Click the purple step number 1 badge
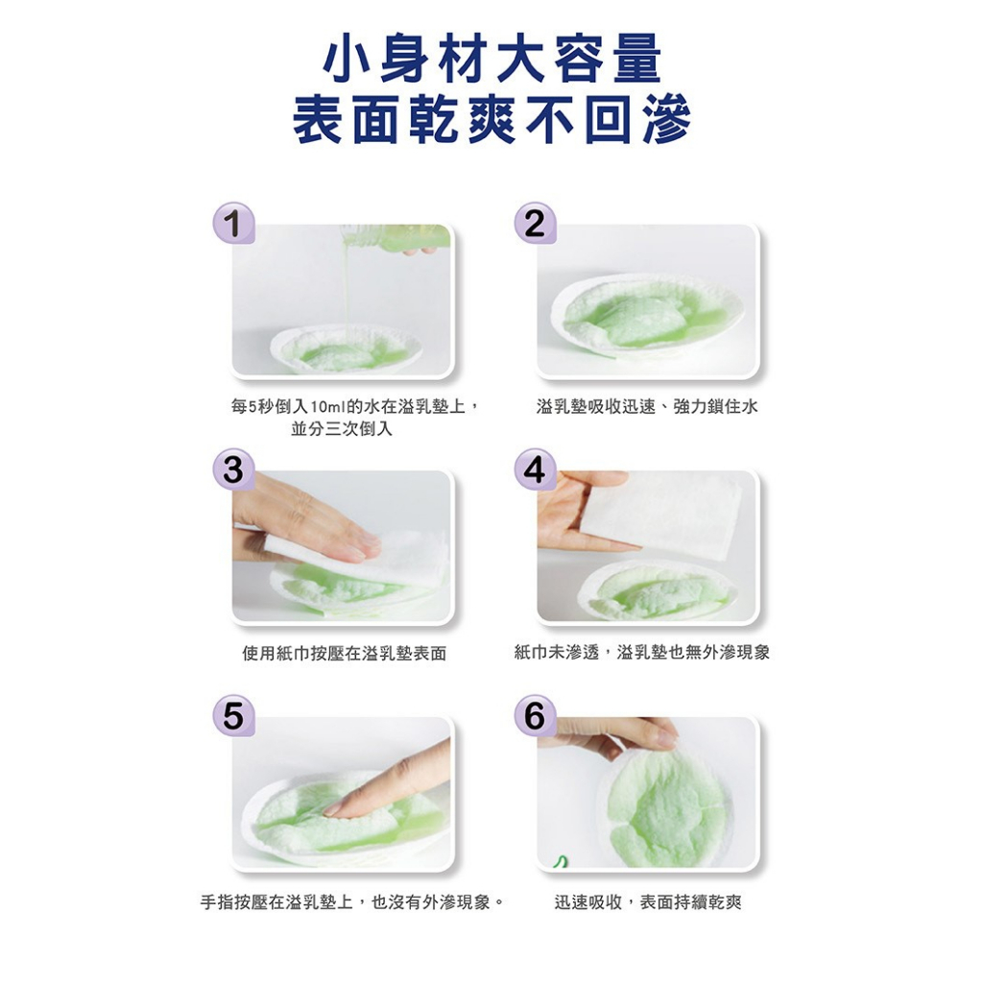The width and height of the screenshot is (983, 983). click(234, 223)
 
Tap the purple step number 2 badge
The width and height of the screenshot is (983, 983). click(535, 223)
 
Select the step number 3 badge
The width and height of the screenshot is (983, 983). click(234, 468)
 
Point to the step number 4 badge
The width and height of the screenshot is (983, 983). click(535, 468)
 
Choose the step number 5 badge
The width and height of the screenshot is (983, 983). click(234, 715)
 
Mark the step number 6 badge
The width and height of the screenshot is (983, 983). click(535, 715)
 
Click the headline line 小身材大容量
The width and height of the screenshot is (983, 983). click(492, 60)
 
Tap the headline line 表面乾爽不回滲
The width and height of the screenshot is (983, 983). click(492, 119)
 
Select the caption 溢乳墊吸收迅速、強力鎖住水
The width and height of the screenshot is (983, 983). click(647, 407)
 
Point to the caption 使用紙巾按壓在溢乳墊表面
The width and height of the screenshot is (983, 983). click(345, 654)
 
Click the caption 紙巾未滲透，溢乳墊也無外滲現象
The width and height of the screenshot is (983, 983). click(642, 653)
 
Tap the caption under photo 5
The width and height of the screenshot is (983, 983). click(352, 902)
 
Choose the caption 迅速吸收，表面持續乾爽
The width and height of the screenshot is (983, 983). click(648, 902)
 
